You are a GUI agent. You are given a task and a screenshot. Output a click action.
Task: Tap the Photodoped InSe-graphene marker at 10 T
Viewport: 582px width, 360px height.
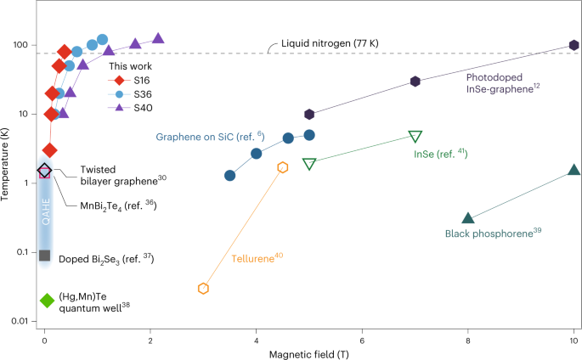(574, 45)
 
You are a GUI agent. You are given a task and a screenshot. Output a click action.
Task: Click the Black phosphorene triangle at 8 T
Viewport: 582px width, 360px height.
(468, 219)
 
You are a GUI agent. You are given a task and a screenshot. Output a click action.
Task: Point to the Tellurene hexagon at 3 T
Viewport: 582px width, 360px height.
(204, 288)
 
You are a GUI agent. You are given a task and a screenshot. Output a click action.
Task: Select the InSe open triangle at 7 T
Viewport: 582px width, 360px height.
(415, 137)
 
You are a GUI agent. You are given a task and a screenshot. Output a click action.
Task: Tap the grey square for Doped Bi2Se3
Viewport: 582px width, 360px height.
(45, 256)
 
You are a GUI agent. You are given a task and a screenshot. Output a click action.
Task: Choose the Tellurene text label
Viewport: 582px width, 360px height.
(257, 256)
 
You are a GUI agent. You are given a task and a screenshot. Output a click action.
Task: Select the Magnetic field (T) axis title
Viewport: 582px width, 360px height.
(308, 352)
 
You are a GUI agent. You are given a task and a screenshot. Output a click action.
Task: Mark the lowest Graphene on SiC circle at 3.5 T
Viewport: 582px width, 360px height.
(229, 175)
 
